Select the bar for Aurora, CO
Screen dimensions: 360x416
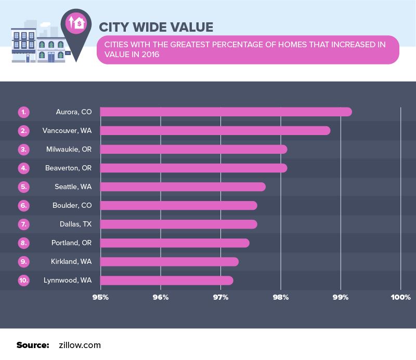(226, 112)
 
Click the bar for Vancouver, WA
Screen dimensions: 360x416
(215, 130)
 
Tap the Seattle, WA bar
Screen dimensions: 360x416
(183, 186)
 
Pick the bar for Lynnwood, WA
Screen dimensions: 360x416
(166, 281)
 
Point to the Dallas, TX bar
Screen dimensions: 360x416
(178, 224)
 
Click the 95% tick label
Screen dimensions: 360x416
(100, 298)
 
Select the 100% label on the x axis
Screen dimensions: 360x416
(400, 298)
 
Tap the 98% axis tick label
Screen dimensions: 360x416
(281, 298)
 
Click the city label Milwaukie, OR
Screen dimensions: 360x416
(69, 149)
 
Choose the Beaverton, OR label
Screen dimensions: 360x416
(68, 168)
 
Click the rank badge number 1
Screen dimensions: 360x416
(24, 112)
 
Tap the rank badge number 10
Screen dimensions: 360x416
(24, 281)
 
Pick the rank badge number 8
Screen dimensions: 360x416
(24, 243)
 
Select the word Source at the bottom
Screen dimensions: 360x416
(32, 344)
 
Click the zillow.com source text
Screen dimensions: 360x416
(80, 344)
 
